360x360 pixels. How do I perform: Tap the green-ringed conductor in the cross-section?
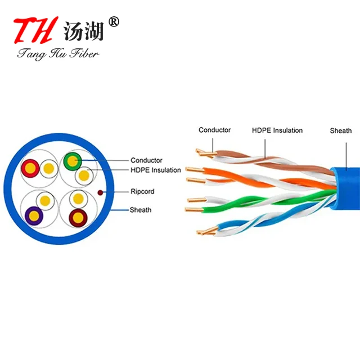(x=73, y=161)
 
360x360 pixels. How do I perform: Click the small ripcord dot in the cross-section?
(x=100, y=192)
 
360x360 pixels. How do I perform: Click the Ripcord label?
(x=142, y=191)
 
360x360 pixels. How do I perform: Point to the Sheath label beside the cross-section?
(x=141, y=210)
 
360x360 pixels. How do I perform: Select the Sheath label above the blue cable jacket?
(x=340, y=130)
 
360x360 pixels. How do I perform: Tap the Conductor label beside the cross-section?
(x=146, y=160)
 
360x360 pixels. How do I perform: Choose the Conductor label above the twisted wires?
(x=214, y=130)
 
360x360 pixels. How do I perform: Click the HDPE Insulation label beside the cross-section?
(x=156, y=170)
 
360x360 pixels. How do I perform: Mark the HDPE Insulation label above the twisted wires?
(x=277, y=130)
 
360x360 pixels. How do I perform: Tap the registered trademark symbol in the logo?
(x=114, y=22)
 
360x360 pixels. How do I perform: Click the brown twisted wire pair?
(x=264, y=159)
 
